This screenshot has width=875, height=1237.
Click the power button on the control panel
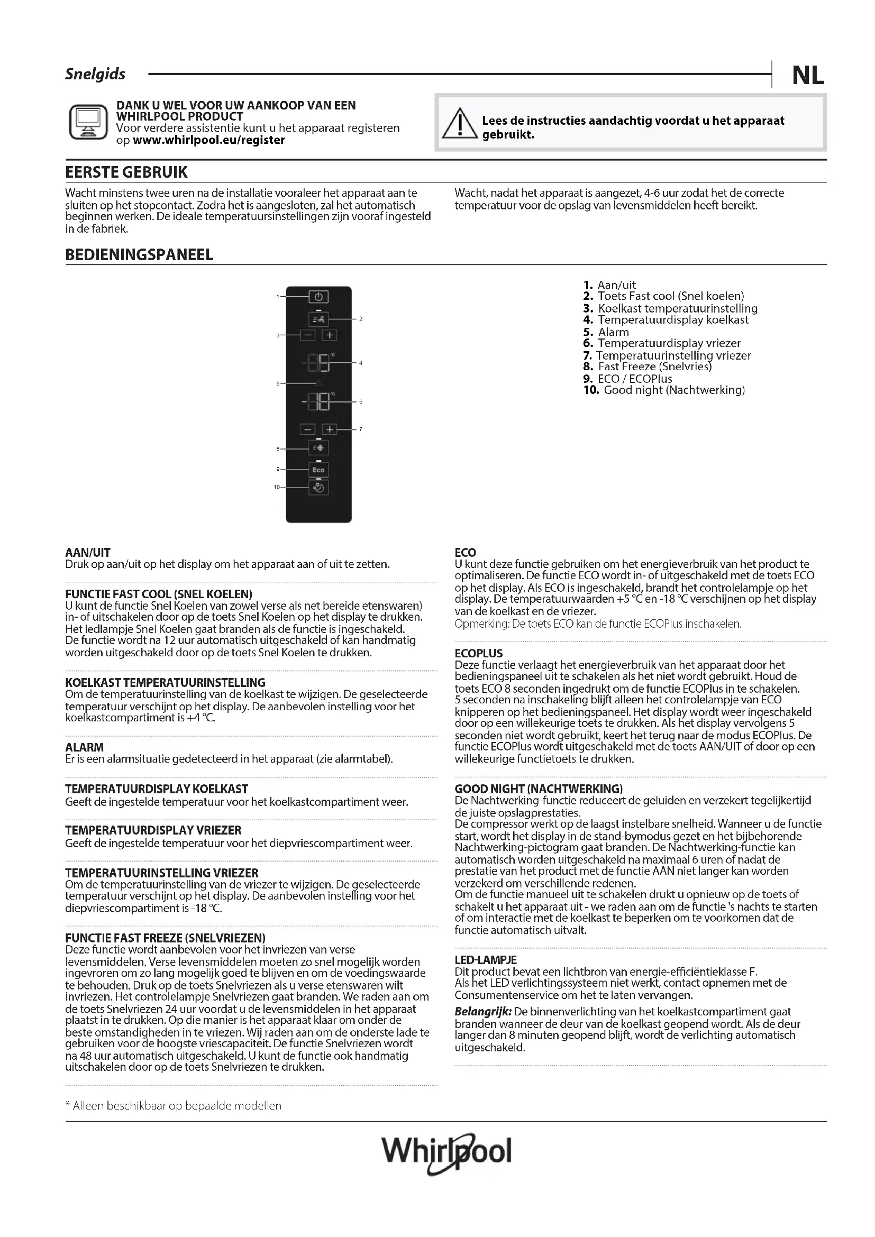[318, 297]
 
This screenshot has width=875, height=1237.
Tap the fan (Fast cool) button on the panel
[318, 319]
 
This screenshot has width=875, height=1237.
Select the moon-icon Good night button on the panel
[318, 488]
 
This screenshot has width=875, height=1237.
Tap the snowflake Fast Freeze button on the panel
[318, 448]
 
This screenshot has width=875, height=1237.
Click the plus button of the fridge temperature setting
[330, 335]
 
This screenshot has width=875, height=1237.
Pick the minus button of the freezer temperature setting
[308, 429]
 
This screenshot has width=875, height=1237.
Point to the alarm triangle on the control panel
[318, 382]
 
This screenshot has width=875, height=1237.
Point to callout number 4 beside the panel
[360, 363]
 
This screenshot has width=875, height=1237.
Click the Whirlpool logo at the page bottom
[446, 1152]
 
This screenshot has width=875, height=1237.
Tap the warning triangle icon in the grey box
[460, 123]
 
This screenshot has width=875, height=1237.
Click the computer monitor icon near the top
[88, 122]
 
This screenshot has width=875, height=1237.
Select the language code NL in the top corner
[808, 76]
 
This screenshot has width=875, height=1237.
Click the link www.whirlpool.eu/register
[208, 140]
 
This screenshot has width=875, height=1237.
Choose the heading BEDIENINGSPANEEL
[139, 255]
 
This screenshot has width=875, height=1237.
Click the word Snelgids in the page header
[95, 74]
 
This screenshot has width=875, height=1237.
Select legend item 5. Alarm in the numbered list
[606, 332]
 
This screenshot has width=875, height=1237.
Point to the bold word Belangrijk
[483, 1012]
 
